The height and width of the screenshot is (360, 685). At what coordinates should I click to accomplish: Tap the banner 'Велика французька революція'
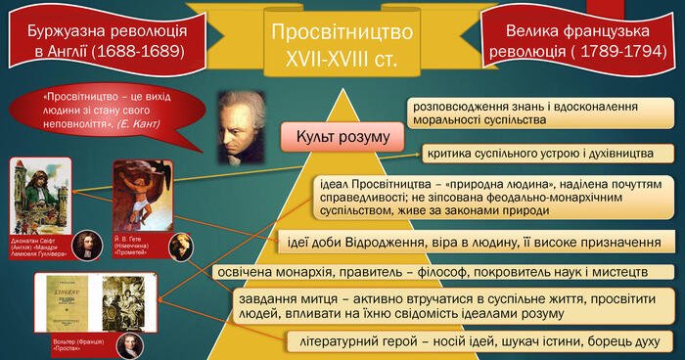click(x=583, y=39)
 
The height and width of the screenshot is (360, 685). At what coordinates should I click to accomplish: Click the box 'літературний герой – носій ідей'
click(x=480, y=340)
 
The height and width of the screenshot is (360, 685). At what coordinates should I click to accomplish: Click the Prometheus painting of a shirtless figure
click(x=143, y=196)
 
